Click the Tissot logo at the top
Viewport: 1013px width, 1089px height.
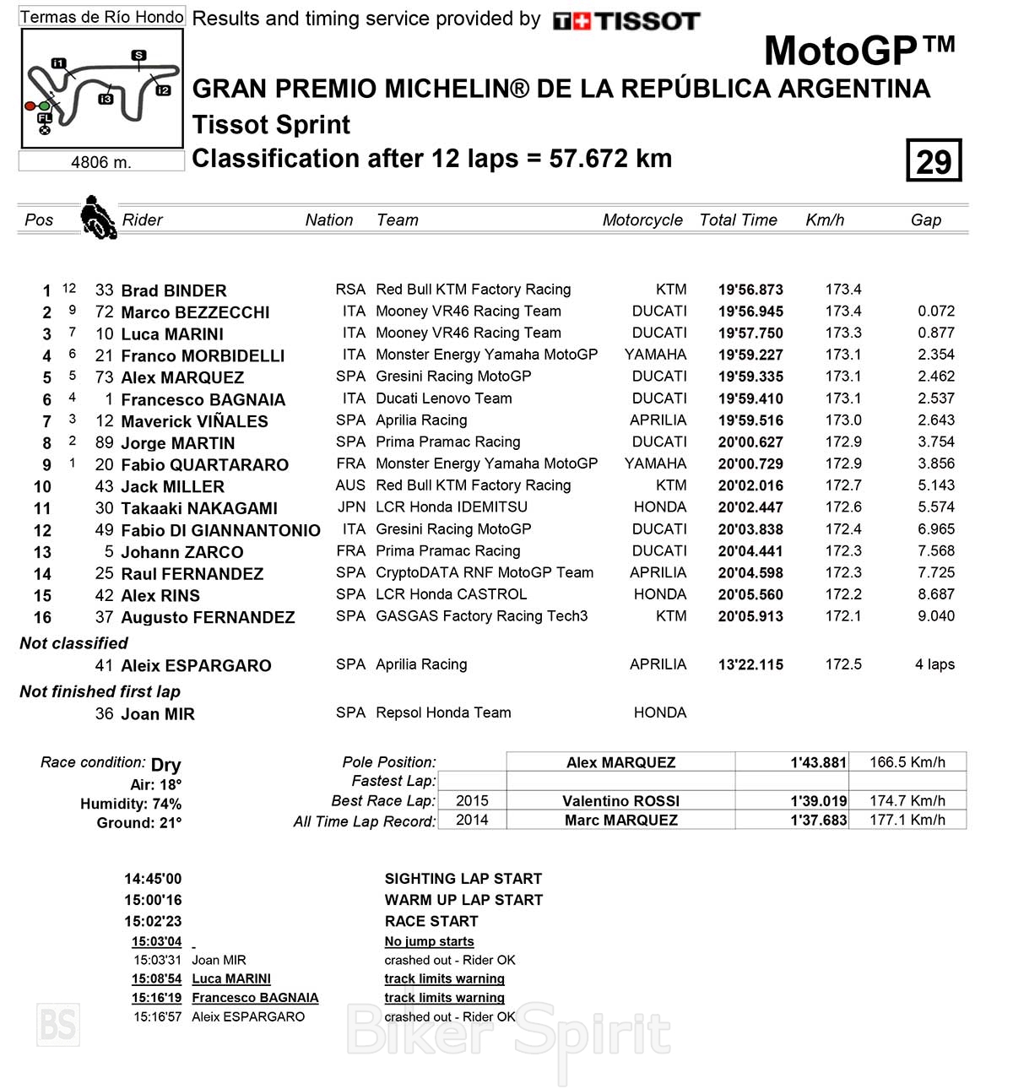point(626,21)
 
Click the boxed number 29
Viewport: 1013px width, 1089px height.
point(934,160)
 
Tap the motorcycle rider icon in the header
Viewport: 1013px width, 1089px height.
point(98,218)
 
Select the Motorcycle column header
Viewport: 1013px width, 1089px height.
point(642,220)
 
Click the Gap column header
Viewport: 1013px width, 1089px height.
point(925,220)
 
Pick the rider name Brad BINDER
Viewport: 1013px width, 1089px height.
point(173,290)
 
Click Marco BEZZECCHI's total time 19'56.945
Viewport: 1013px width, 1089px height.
point(750,312)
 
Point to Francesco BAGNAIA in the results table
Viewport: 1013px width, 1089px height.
point(203,399)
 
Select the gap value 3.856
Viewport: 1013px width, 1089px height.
point(936,463)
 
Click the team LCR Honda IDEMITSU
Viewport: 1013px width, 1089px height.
point(451,507)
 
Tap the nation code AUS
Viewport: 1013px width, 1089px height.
point(350,485)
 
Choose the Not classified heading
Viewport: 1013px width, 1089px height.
point(74,643)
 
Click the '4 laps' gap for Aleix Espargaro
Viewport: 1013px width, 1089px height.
point(934,664)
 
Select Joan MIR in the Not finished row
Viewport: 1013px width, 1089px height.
point(158,714)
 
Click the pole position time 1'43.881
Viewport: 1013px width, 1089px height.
point(818,762)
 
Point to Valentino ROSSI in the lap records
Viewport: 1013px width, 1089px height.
point(620,801)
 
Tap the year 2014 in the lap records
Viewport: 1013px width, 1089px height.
point(472,820)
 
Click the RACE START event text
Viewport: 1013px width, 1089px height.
point(431,921)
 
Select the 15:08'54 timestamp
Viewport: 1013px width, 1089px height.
point(156,979)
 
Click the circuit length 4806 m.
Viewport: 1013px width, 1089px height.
point(101,162)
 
